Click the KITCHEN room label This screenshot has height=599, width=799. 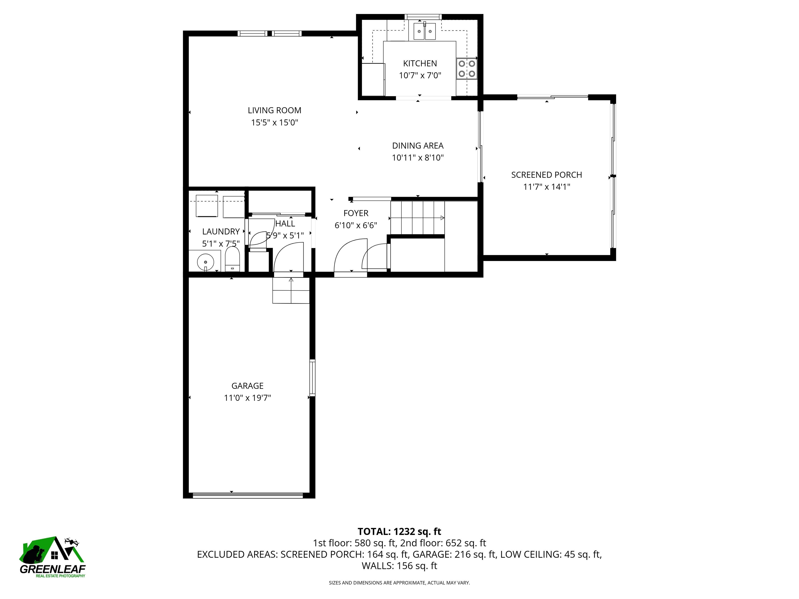tap(420, 63)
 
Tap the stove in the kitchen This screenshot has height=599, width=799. tap(466, 69)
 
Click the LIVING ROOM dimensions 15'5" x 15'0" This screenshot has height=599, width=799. tap(274, 123)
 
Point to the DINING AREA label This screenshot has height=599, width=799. tap(417, 146)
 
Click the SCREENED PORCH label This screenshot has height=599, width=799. tap(546, 175)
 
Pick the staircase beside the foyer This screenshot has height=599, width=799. tap(417, 218)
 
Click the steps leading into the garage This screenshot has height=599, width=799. tap(291, 290)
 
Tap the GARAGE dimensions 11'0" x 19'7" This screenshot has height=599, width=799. tap(247, 398)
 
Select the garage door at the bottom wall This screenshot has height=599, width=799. tap(248, 495)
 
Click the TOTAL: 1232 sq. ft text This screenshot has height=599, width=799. tap(399, 531)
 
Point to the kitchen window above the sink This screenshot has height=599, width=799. tap(423, 17)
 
